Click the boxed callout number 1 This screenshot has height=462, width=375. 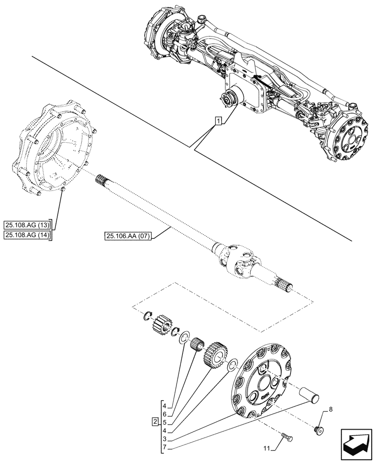click(218, 122)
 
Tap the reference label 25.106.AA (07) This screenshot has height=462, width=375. click(128, 237)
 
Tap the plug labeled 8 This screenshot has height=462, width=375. click(318, 429)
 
